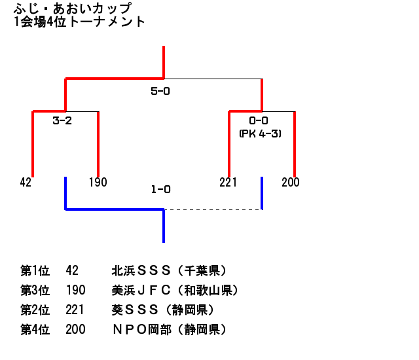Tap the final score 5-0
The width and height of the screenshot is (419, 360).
(x=160, y=92)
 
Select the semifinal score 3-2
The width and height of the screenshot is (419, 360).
(x=62, y=121)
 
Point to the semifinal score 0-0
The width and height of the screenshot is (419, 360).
(x=259, y=121)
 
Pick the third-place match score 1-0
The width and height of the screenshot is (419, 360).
(x=160, y=190)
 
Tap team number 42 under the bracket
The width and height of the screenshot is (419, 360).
(x=26, y=183)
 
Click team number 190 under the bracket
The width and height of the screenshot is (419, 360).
(x=98, y=183)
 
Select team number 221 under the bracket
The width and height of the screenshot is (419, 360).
(x=228, y=183)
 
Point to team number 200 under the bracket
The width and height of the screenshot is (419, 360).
(x=291, y=183)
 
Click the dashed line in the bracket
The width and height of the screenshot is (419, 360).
(x=213, y=209)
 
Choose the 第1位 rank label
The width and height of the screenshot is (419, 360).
(x=35, y=270)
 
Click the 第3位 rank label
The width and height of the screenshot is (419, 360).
(x=35, y=290)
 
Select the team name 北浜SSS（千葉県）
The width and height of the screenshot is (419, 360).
(x=170, y=270)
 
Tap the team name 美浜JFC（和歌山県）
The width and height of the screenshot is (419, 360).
(x=175, y=290)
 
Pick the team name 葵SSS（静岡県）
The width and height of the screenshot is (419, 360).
(x=164, y=310)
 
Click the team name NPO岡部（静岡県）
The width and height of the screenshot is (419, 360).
(x=170, y=329)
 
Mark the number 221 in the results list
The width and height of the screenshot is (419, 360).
(x=75, y=310)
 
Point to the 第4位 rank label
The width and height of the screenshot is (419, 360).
(x=35, y=329)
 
